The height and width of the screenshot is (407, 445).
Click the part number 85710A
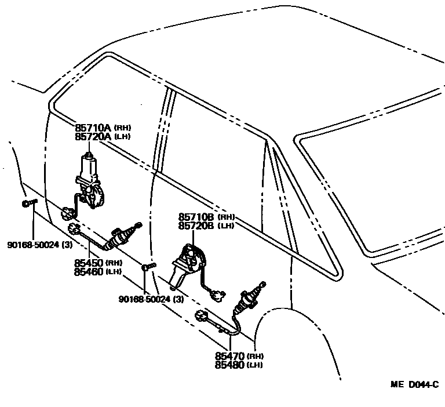click(x=93, y=127)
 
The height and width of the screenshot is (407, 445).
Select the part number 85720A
click(x=93, y=136)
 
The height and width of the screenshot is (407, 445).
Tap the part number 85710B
click(x=198, y=217)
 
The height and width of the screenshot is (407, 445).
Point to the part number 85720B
click(x=198, y=226)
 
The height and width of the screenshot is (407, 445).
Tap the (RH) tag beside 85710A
click(x=122, y=127)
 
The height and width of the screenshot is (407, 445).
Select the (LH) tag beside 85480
click(x=255, y=365)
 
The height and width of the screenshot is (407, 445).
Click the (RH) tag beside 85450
click(x=113, y=263)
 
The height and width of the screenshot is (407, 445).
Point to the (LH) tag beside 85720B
click(x=227, y=226)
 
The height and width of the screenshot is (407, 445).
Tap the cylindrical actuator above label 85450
click(x=121, y=237)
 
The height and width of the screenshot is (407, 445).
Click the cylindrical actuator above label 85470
click(x=248, y=299)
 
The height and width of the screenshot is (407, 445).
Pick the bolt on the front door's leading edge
click(x=28, y=202)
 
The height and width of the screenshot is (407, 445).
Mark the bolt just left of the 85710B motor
click(x=148, y=267)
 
